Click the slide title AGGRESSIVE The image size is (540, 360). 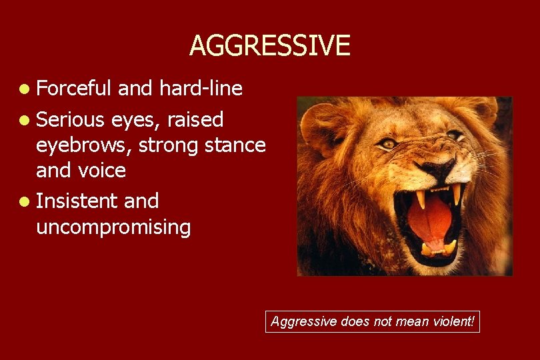pos(269,45)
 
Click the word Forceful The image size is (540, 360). pos(74,88)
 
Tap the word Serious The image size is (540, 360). pos(71,119)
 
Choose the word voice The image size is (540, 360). pos(101,170)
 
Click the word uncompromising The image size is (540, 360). pos(113,227)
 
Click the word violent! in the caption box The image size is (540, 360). pos(455,322)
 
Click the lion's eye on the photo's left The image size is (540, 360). pos(389,143)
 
